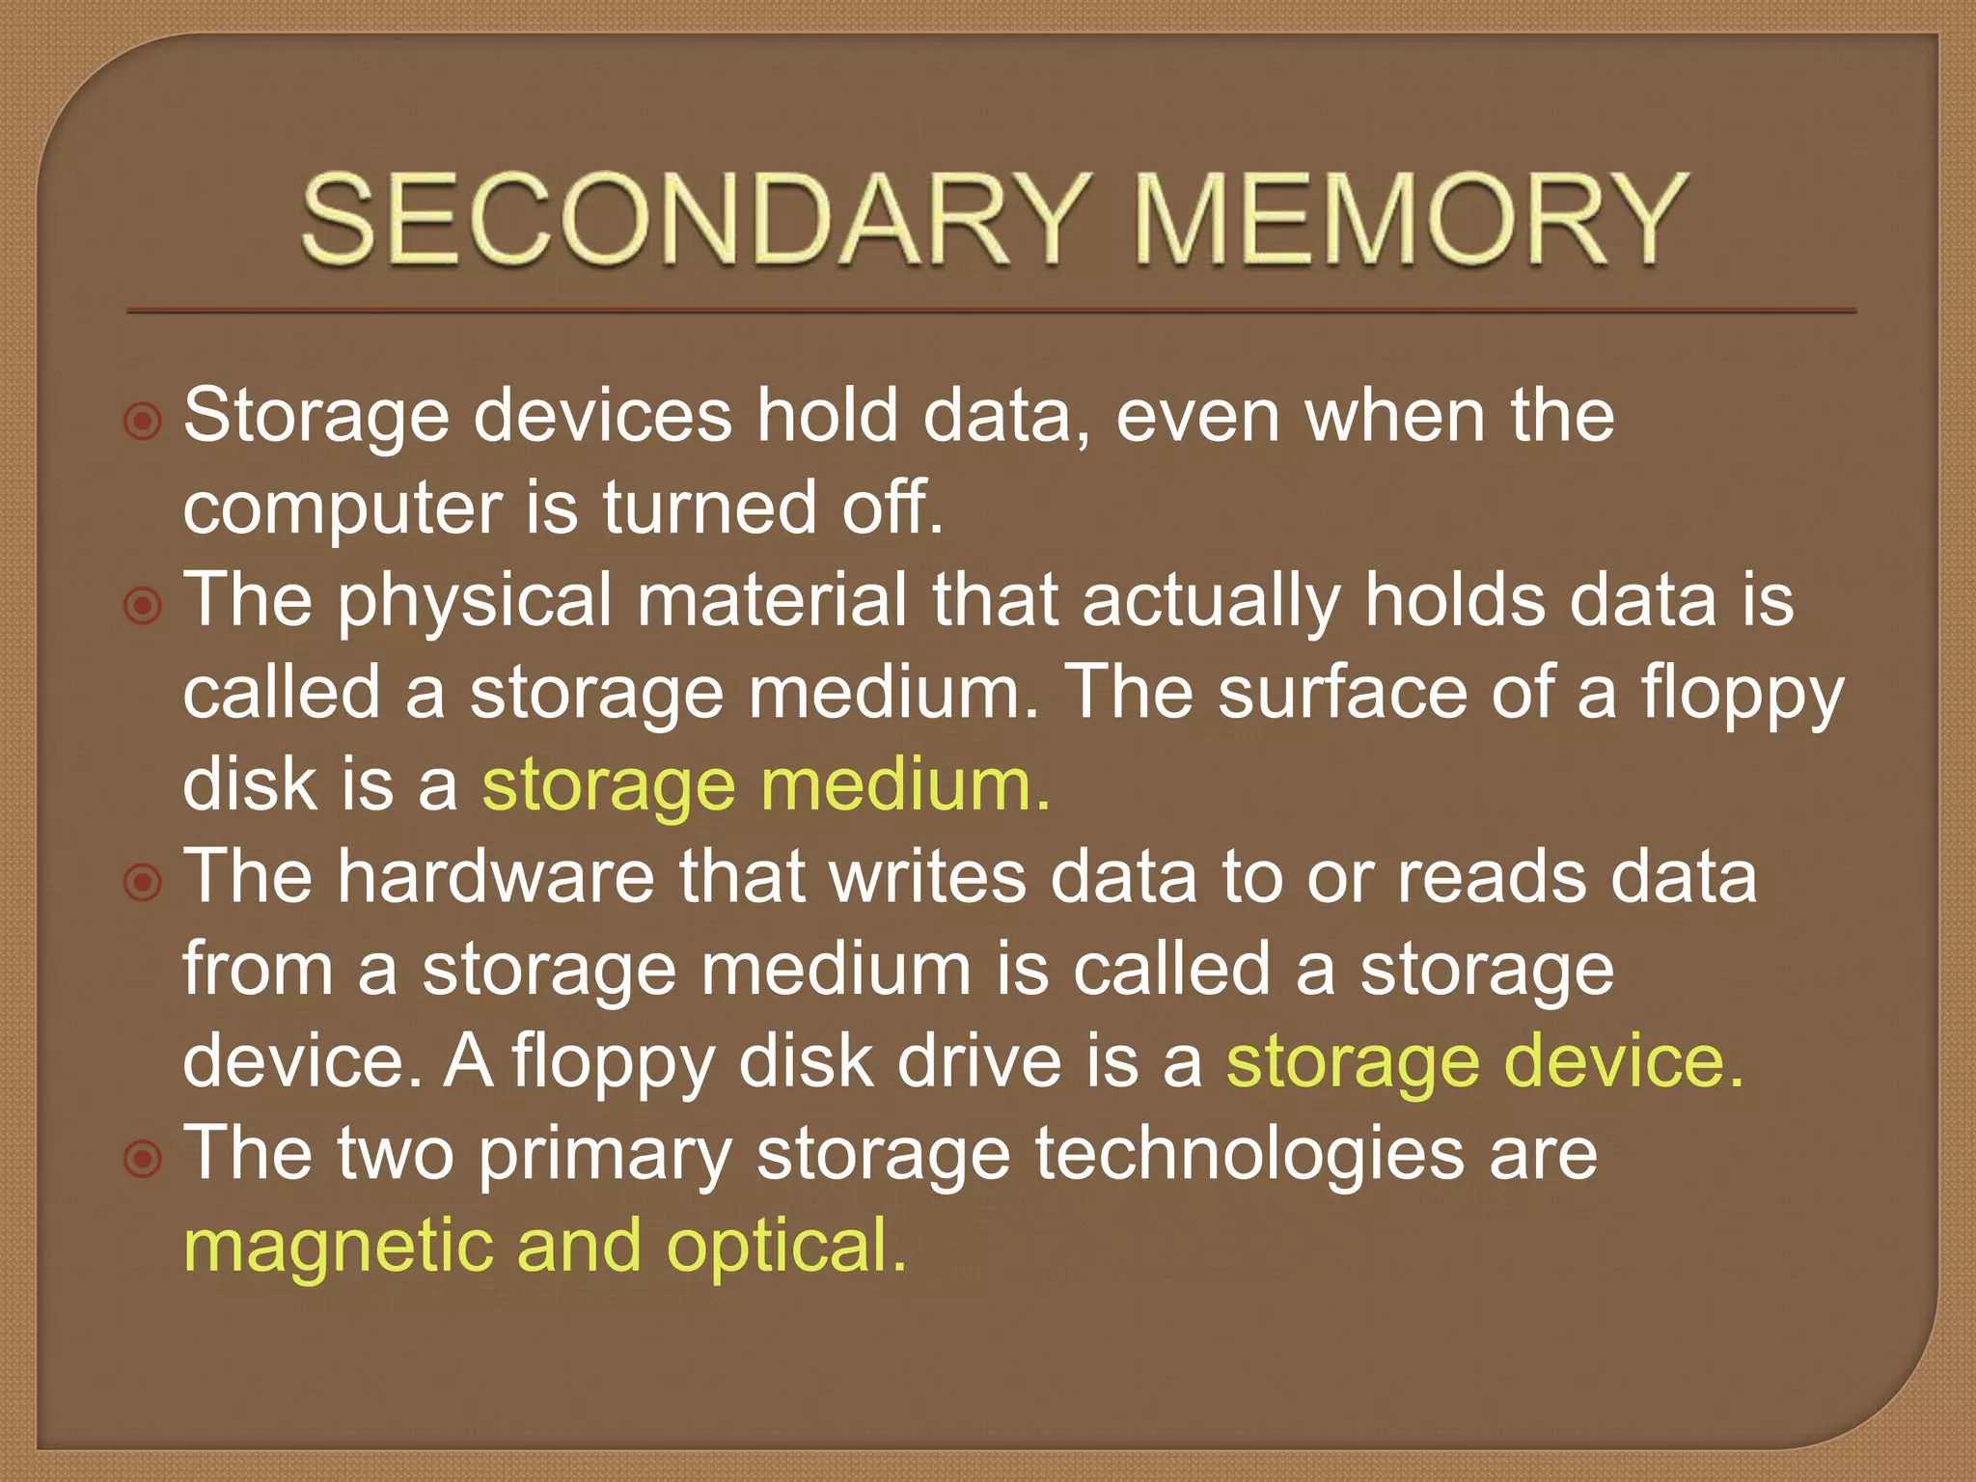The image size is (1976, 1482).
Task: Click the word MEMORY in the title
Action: [1408, 219]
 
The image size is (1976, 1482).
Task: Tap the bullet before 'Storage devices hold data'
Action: [143, 422]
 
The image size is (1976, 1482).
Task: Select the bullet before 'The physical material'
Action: [143, 606]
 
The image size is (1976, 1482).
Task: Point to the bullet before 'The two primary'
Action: [143, 1158]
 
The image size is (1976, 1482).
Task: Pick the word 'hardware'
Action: [496, 877]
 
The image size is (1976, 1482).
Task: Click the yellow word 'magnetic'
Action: [338, 1247]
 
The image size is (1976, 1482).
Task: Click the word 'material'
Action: [772, 601]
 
